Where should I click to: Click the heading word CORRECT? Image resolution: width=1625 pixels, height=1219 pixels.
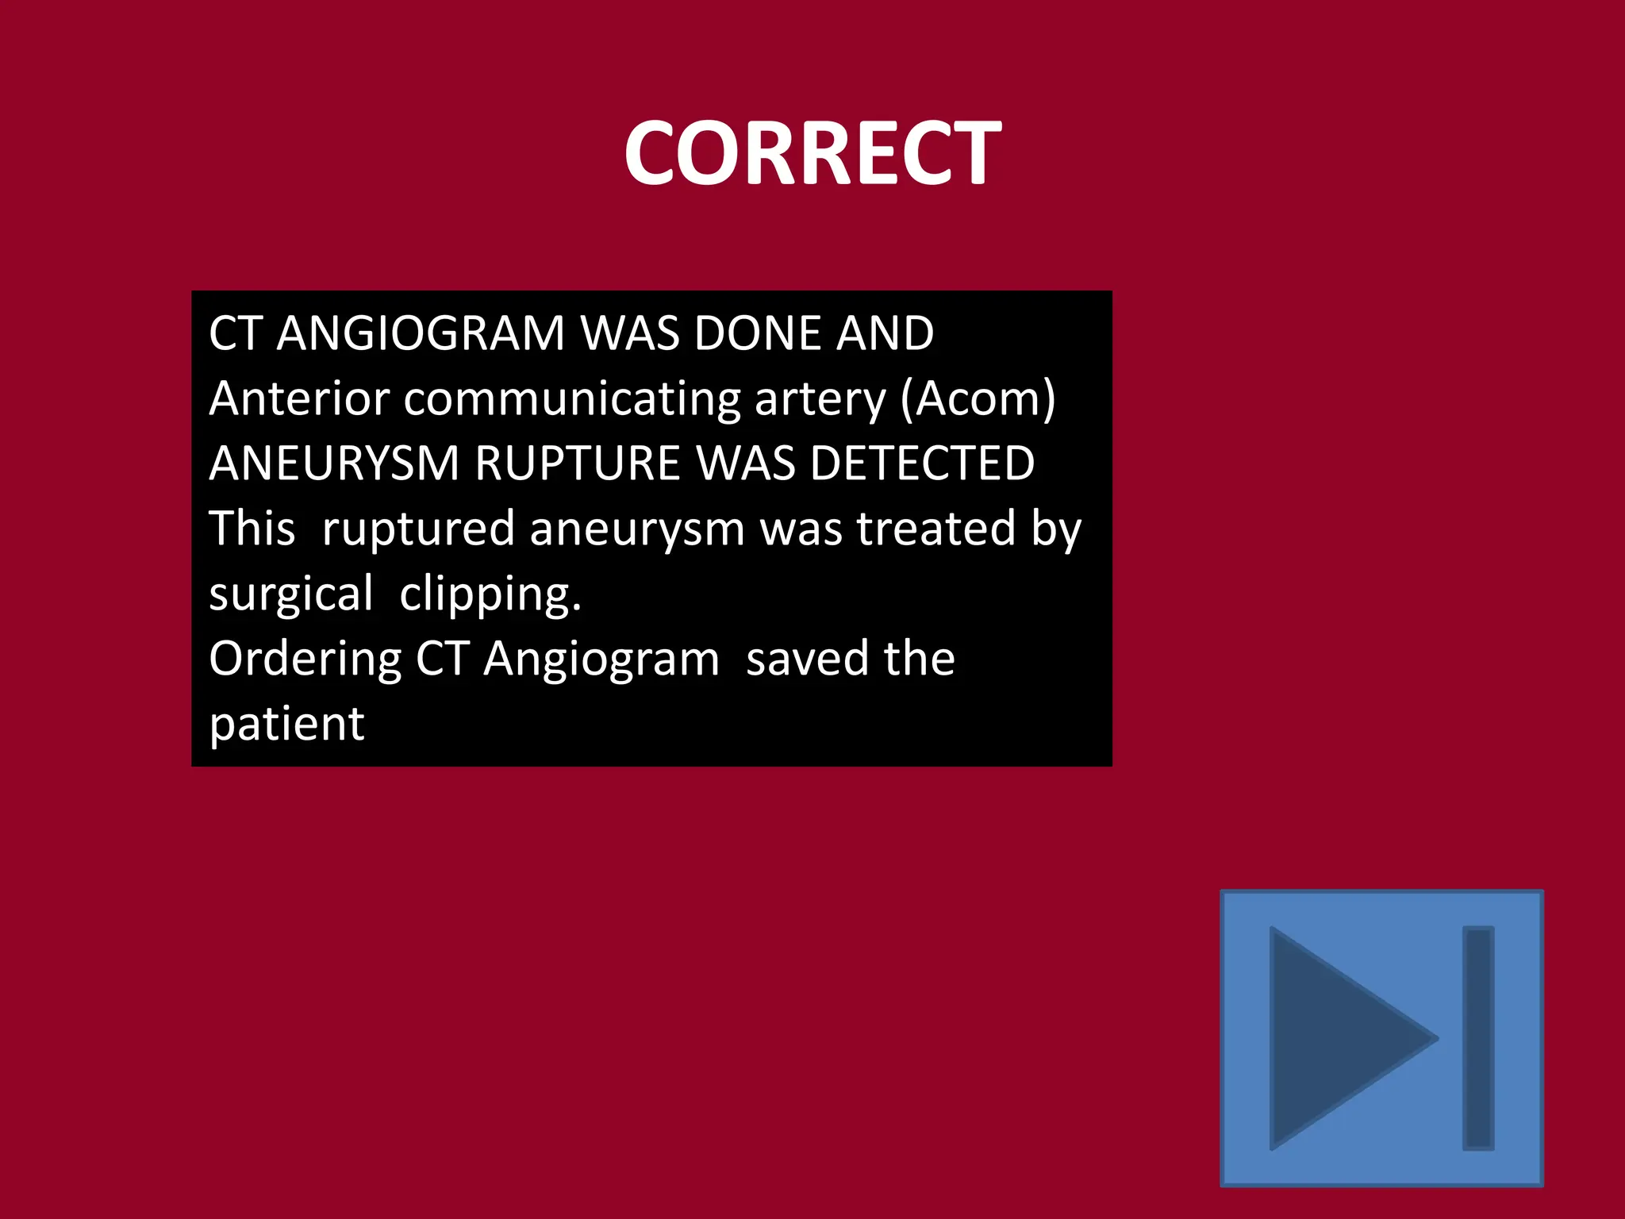coord(812,152)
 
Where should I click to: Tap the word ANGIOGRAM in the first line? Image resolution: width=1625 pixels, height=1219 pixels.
coord(420,333)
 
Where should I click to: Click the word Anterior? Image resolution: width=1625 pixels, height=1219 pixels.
coord(299,398)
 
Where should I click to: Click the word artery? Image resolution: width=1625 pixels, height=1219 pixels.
coord(820,400)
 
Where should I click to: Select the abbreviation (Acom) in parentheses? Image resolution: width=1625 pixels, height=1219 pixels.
coord(978,399)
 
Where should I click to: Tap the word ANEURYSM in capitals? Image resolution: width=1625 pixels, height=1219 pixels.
coord(333,463)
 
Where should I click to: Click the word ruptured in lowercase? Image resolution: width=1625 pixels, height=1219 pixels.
coord(418,529)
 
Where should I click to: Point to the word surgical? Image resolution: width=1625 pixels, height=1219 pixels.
coord(290,594)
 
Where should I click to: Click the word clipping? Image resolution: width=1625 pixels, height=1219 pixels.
coord(490,594)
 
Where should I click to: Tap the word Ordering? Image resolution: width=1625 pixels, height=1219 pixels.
coord(305,660)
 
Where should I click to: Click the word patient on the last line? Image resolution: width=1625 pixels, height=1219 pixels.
coord(286,724)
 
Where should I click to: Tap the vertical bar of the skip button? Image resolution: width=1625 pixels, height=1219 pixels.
coord(1478,1037)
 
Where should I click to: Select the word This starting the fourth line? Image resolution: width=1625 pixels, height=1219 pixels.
coord(252,529)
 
